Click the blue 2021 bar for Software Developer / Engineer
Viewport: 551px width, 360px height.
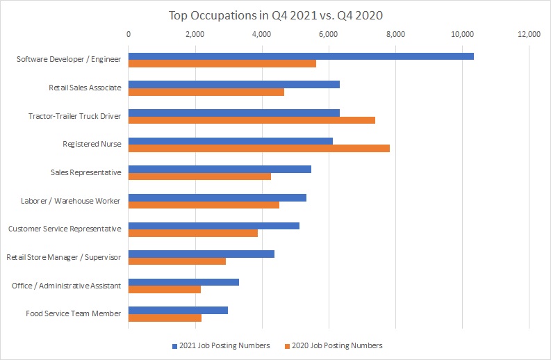pos(301,56)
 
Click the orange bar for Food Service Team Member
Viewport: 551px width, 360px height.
pos(165,318)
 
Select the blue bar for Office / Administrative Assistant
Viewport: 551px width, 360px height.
pos(183,281)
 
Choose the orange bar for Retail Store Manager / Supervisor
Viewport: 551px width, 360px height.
pos(177,261)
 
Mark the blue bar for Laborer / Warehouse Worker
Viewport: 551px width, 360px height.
pos(217,197)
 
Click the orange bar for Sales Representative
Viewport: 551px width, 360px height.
pos(199,177)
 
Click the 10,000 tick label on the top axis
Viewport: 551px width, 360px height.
pos(462,33)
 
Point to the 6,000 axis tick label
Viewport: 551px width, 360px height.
pos(329,33)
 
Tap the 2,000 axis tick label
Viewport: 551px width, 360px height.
pos(195,33)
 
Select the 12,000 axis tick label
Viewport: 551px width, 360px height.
pos(529,33)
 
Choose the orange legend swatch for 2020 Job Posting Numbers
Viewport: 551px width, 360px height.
pos(287,345)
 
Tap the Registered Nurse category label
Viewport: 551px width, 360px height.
pos(92,144)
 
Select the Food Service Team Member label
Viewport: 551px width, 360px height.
pos(73,313)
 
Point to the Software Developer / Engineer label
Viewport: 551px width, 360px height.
pos(69,59)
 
